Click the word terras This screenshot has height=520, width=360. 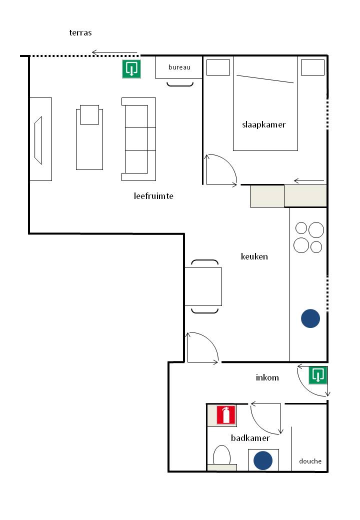point(80,32)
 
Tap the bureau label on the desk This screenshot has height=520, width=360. point(179,67)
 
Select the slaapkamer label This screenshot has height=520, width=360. point(264,124)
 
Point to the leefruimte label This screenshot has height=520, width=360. point(153,196)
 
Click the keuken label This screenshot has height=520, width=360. point(254,256)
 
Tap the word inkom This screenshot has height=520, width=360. point(267,377)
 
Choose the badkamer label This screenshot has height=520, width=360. point(250,438)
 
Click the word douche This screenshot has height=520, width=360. point(310,461)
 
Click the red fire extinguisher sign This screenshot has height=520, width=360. point(226,415)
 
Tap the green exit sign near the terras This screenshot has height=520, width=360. point(131,69)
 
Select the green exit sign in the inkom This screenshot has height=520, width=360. point(318,375)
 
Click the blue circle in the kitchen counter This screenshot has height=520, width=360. point(310,318)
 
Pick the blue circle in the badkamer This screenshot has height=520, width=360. point(263,460)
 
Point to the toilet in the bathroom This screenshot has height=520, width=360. point(221,457)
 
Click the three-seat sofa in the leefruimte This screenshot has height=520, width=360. point(138,139)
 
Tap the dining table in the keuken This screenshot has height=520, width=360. point(203,286)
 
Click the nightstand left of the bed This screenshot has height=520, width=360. point(218,67)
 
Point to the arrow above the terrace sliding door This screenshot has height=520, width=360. point(114,52)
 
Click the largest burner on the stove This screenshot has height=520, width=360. point(316,230)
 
